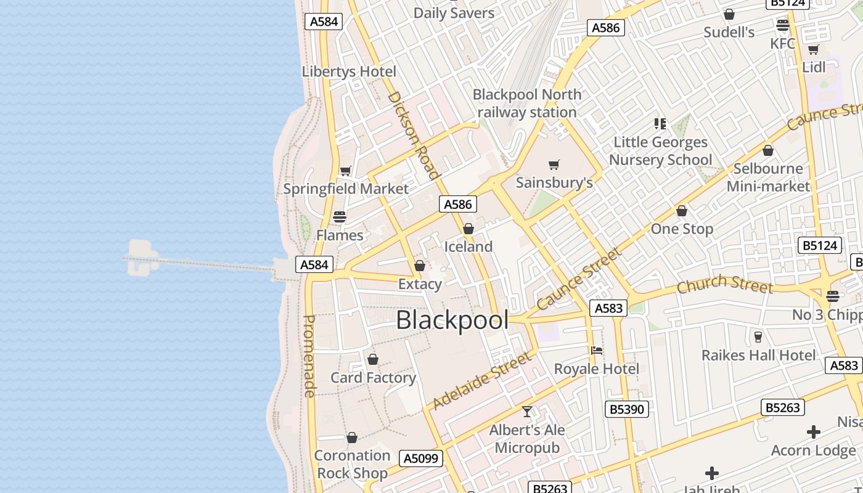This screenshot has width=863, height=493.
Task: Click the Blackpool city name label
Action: (x=452, y=320)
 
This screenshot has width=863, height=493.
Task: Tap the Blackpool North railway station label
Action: (x=527, y=104)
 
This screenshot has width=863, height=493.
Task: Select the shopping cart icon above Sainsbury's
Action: (x=554, y=165)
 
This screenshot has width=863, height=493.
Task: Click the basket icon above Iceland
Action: (x=468, y=229)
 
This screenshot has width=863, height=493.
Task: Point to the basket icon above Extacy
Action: (x=420, y=266)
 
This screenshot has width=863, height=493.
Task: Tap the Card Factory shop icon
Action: (x=373, y=359)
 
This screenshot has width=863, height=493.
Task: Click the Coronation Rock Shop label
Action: (x=352, y=464)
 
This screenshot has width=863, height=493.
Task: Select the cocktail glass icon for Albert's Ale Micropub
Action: (x=527, y=412)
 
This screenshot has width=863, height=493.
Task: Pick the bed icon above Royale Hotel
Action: (x=596, y=351)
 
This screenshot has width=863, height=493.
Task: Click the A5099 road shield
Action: (x=422, y=458)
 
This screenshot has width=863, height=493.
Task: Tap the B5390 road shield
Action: (x=627, y=409)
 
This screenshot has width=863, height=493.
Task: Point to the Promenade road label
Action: (x=309, y=356)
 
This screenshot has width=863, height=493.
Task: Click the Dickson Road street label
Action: (x=414, y=136)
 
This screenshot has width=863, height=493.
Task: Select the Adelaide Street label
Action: (x=481, y=381)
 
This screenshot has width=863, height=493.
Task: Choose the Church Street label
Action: (x=724, y=285)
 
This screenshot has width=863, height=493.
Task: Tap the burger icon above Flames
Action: (x=340, y=217)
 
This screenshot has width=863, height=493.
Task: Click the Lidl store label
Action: (x=814, y=67)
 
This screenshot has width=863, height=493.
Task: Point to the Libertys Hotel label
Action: (x=349, y=71)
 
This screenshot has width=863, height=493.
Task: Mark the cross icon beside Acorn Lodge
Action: (x=814, y=432)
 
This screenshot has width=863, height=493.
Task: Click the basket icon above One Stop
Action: (x=682, y=211)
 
